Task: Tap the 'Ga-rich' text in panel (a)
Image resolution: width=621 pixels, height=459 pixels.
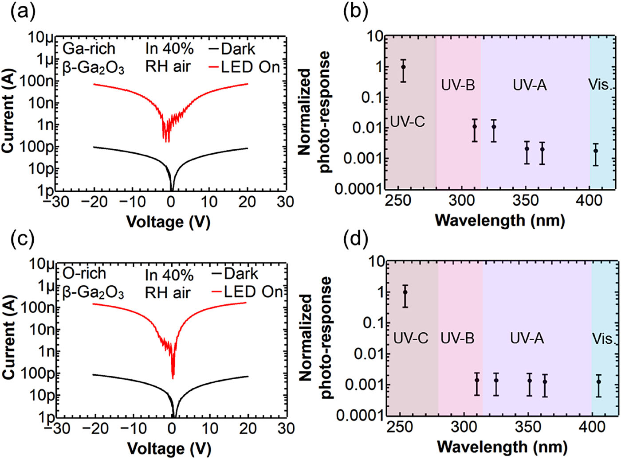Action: [x=89, y=49]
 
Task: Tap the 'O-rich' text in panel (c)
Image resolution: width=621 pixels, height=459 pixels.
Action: [x=84, y=273]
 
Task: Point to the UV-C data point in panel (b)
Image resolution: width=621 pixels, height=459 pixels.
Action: [x=403, y=67]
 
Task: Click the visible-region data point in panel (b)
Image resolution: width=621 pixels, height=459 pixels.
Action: [x=596, y=151]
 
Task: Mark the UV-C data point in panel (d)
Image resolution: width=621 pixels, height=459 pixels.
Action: [x=405, y=292]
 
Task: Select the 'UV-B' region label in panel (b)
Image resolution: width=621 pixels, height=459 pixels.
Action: [x=458, y=85]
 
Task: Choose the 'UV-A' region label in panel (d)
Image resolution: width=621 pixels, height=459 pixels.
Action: [x=527, y=338]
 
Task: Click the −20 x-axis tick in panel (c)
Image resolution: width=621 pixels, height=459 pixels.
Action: [x=95, y=428]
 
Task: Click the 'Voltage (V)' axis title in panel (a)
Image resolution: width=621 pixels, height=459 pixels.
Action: [x=169, y=222]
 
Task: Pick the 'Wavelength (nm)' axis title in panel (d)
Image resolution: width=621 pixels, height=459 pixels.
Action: [x=502, y=447]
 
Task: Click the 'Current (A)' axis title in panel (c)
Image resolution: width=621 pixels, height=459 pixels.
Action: [x=9, y=338]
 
